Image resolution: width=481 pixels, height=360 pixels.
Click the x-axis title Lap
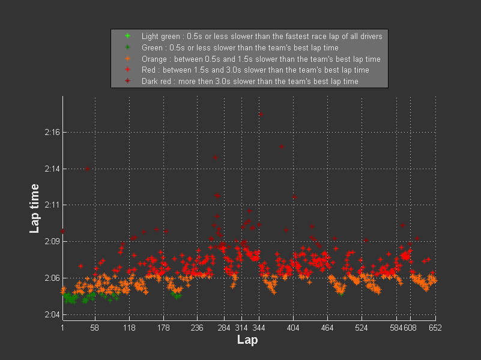tap(248, 340)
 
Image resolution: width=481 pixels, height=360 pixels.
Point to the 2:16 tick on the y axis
tap(51, 132)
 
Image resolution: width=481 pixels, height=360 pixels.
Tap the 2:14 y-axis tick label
tap(51, 169)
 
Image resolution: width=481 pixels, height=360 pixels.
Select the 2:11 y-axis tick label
tap(51, 205)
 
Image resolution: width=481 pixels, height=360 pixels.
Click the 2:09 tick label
tap(51, 241)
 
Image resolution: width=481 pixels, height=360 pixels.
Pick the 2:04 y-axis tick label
tap(51, 314)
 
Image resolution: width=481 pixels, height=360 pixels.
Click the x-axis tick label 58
tap(94, 328)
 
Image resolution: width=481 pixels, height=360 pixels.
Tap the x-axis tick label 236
tap(197, 328)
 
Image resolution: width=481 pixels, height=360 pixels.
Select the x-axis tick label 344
tap(259, 328)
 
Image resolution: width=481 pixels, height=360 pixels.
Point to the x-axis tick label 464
tap(328, 328)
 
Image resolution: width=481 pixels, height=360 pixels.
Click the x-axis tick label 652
tap(435, 328)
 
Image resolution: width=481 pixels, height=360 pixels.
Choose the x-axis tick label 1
tap(62, 328)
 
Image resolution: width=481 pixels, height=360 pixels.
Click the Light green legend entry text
tap(262, 37)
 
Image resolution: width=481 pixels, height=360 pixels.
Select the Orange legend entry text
tap(261, 59)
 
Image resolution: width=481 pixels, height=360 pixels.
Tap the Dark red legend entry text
tap(250, 81)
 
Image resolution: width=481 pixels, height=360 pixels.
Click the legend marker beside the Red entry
tap(127, 70)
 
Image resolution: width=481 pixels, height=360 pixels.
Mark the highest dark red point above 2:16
tap(260, 114)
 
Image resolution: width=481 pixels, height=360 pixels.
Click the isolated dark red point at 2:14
tap(87, 169)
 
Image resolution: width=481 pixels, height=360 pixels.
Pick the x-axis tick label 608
tap(410, 328)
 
